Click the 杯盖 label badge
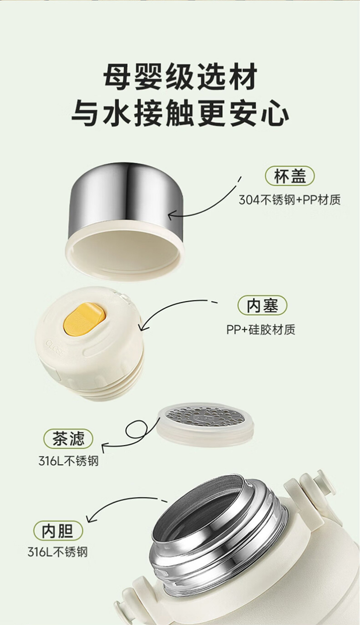289,176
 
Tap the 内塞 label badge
263,305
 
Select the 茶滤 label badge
68,439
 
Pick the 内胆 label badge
58,530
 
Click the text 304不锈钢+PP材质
289,200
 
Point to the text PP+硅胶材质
261,329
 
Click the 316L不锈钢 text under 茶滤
69,461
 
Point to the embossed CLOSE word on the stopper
55,348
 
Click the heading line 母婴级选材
180,76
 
